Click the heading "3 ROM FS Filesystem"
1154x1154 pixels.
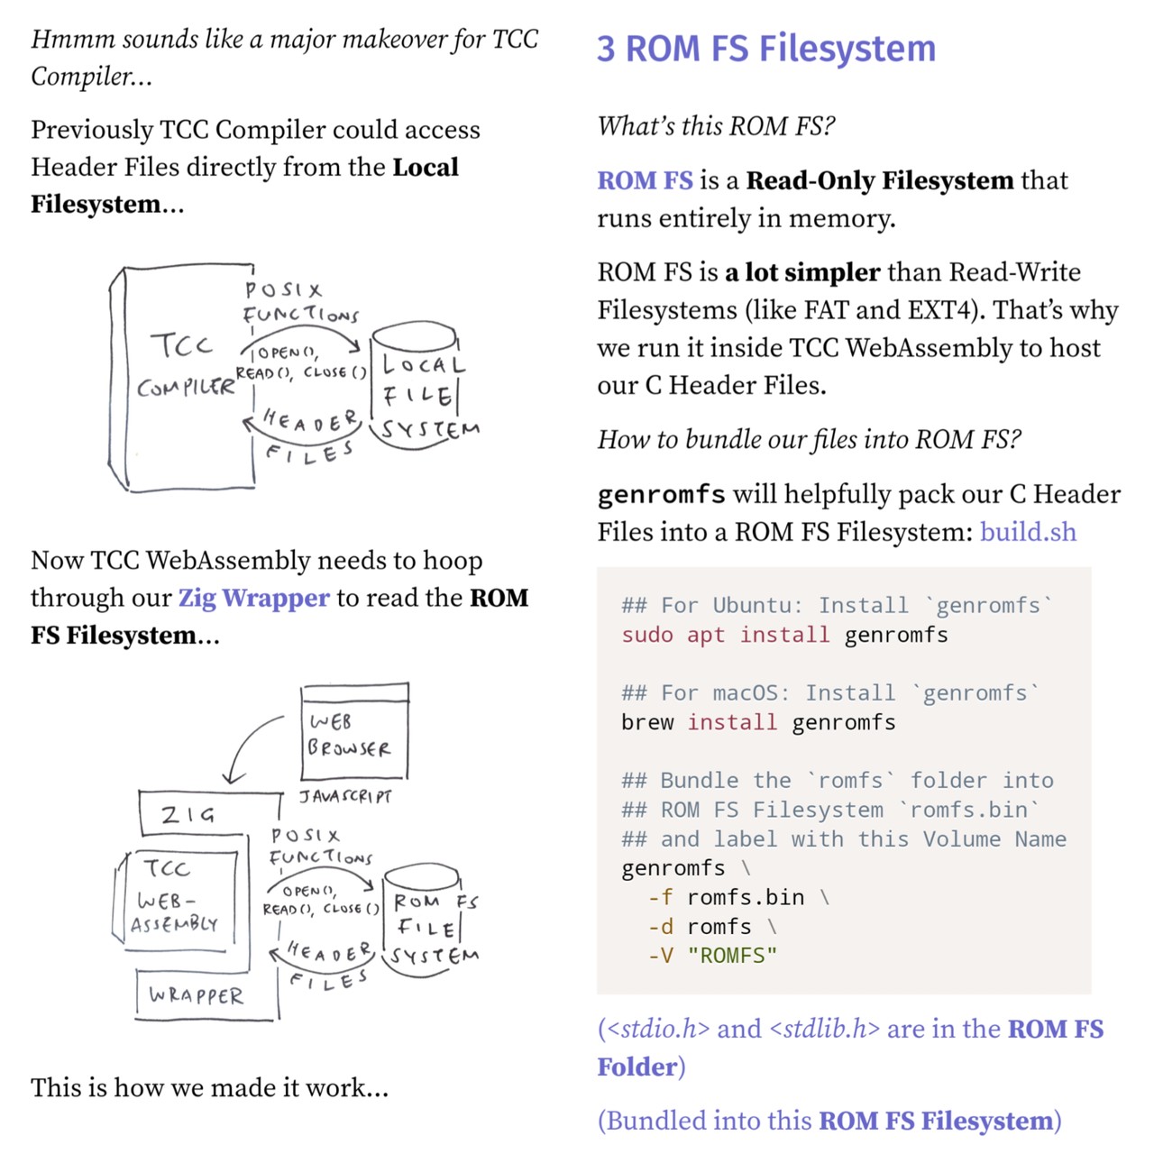[766, 49]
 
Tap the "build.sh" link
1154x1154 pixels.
[1028, 531]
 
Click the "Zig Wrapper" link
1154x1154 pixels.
[253, 598]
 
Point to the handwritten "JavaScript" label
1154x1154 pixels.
[346, 796]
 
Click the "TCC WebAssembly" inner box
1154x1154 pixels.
[179, 898]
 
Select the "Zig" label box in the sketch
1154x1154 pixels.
[189, 814]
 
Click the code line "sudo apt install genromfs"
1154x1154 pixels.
[784, 635]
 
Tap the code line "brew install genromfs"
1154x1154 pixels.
[758, 722]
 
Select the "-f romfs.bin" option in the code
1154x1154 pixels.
[726, 897]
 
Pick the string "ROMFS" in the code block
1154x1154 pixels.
[732, 956]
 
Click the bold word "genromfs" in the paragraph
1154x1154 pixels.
[661, 494]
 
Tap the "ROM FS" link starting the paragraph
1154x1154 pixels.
[645, 180]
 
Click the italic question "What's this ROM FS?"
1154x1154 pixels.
[716, 126]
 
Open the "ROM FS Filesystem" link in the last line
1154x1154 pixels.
[936, 1121]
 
